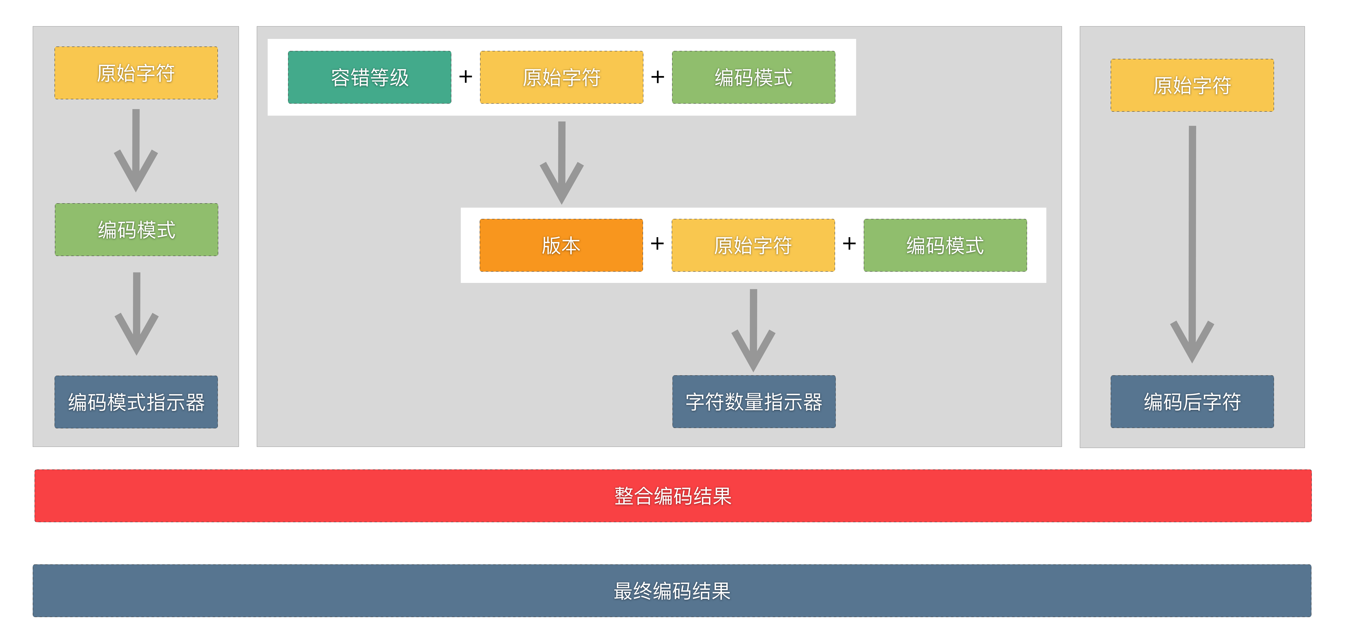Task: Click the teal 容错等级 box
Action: (370, 77)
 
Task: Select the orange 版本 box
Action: (561, 245)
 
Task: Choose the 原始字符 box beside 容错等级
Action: (561, 77)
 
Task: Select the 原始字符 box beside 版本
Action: (753, 245)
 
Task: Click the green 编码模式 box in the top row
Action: (754, 77)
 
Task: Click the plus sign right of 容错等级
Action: (466, 77)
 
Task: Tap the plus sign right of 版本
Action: (657, 243)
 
